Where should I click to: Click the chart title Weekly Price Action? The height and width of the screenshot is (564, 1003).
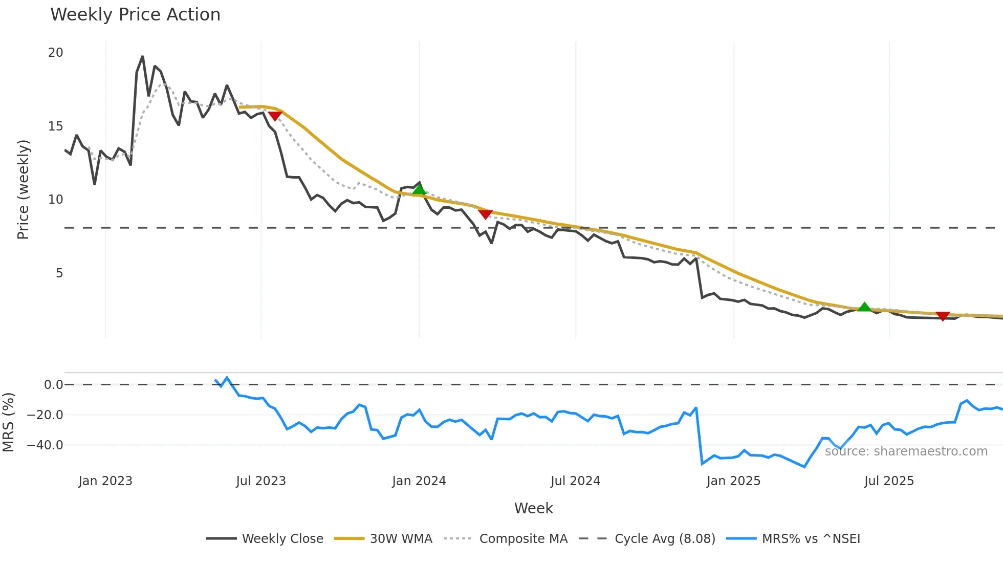[135, 15]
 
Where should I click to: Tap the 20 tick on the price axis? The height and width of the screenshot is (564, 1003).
[55, 53]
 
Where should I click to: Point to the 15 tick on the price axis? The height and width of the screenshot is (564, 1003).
[55, 126]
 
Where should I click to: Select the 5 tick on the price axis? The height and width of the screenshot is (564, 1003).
[59, 273]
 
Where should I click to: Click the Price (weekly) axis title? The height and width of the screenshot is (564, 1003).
[23, 189]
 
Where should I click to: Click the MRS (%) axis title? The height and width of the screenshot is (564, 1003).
[8, 422]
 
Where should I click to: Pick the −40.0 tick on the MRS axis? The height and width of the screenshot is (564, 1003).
[45, 445]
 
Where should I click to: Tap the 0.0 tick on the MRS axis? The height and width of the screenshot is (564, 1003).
[53, 385]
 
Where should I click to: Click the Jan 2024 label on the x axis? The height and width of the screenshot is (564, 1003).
[419, 481]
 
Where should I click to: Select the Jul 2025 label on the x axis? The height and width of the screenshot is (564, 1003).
[889, 481]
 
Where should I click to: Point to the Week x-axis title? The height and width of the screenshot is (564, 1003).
[533, 508]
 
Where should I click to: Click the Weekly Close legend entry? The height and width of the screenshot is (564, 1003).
[282, 539]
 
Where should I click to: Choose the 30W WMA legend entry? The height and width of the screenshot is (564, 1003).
[401, 539]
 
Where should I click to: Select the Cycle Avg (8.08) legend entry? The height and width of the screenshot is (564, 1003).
[665, 539]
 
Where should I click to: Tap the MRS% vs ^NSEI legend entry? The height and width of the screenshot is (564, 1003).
[811, 539]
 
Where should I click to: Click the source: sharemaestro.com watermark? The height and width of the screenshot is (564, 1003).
[906, 451]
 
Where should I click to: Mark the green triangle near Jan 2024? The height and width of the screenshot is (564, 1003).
[419, 190]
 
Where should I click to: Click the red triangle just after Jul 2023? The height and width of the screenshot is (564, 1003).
[275, 116]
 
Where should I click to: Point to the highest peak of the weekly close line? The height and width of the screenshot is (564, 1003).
[142, 57]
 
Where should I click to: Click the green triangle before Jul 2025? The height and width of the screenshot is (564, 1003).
[864, 307]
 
